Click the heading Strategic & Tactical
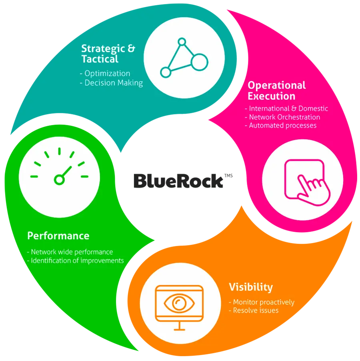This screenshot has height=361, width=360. pos(108,54)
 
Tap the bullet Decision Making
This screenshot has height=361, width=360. pos(114,83)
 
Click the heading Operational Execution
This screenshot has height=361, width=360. pos(276,90)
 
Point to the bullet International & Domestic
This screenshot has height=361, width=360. pos(288,108)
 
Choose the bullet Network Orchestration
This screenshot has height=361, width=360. pos(284,117)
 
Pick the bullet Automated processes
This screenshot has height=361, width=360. pos(282,126)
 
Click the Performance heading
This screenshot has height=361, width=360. pos(58,236)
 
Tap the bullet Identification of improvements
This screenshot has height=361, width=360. pos(77,261)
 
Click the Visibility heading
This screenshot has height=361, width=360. pos(251,287)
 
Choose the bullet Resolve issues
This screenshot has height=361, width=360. pos(256,311)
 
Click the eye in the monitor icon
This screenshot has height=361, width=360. pos(179,303)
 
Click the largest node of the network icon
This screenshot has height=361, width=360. pos(199,62)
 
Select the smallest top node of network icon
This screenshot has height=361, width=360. pos(182,42)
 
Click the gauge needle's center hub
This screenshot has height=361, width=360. pos(59,180)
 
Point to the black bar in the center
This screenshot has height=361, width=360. pos(188,181)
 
